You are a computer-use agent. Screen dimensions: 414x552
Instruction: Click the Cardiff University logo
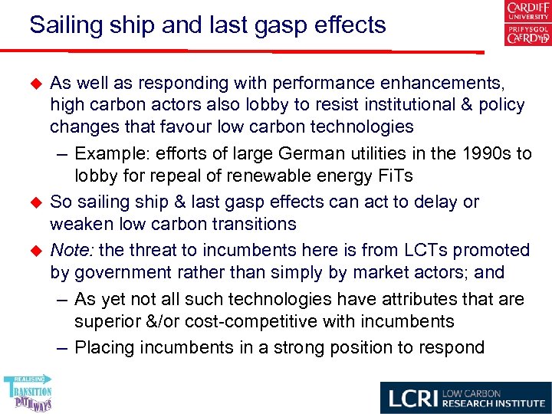click(x=527, y=23)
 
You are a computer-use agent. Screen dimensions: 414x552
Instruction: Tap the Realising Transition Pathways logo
click(x=28, y=393)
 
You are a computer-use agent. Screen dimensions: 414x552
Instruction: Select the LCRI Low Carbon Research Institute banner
click(x=465, y=397)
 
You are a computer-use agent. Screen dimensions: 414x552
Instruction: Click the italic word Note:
click(x=71, y=250)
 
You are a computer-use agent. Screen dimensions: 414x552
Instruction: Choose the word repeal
click(x=173, y=176)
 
